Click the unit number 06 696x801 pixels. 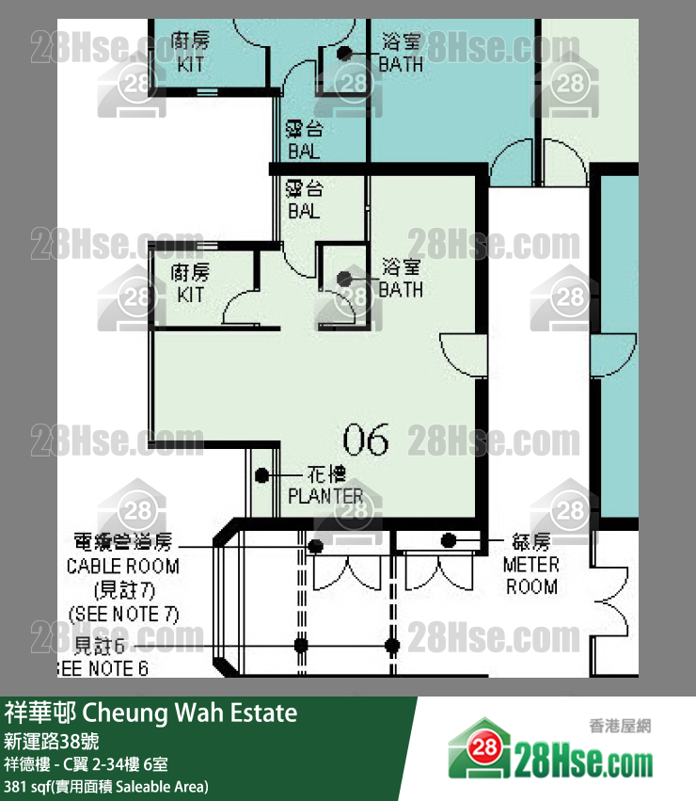366,439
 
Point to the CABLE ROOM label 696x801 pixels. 122,567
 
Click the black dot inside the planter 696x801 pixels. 263,476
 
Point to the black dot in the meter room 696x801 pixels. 449,540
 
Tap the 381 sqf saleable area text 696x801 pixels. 106,786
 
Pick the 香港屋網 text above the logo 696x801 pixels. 620,727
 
